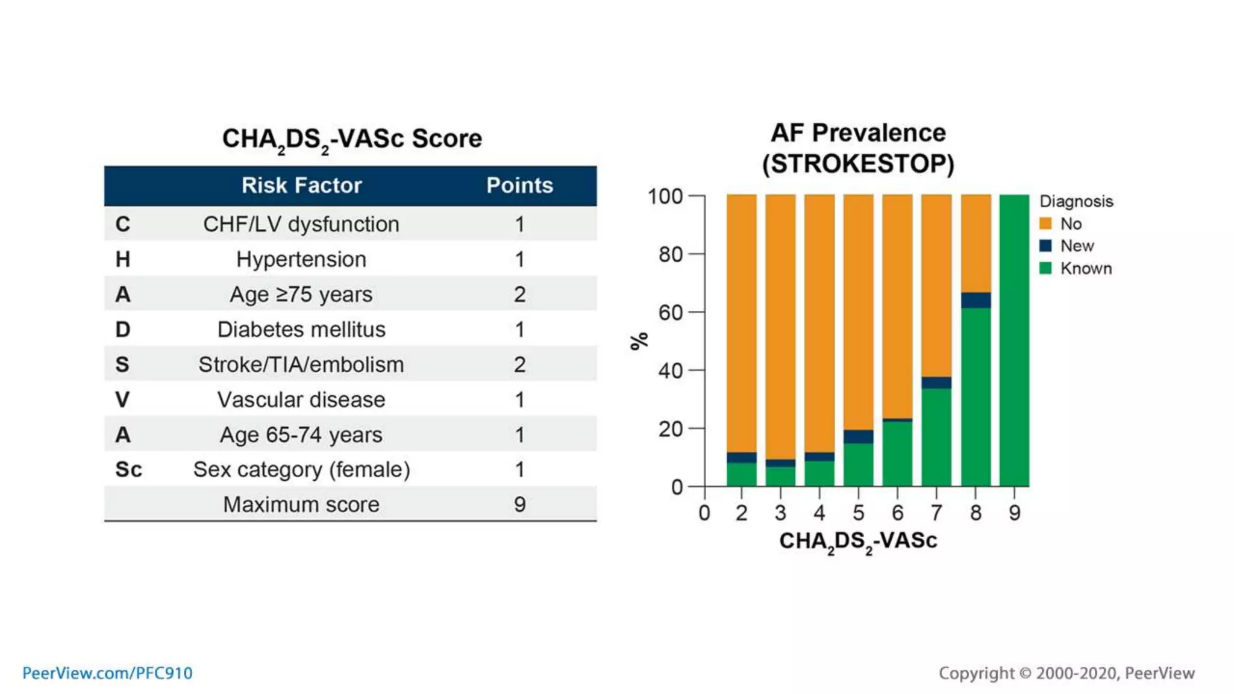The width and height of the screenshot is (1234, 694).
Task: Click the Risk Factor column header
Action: click(x=301, y=186)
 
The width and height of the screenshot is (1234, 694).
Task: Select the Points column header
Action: click(x=519, y=186)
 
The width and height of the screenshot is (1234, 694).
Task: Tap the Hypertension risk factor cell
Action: click(x=301, y=260)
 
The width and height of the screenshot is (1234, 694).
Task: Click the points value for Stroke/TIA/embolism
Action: click(x=519, y=364)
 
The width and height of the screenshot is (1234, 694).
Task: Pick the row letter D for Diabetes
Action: click(x=122, y=330)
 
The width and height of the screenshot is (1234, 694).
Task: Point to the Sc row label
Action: click(x=128, y=469)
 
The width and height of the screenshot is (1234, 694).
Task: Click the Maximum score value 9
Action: click(x=519, y=504)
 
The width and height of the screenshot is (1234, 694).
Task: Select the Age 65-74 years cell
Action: click(x=301, y=434)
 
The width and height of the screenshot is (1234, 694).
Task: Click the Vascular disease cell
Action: click(x=301, y=399)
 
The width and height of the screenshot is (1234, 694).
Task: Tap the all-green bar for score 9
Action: click(x=1014, y=340)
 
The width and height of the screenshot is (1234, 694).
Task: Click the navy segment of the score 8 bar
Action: click(x=976, y=300)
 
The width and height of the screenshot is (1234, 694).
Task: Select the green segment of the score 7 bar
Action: click(x=936, y=437)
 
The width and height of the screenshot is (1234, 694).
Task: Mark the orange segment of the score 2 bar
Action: click(x=741, y=322)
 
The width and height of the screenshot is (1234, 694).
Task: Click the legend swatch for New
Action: click(x=1045, y=246)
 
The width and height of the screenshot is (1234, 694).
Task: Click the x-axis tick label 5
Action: click(x=858, y=513)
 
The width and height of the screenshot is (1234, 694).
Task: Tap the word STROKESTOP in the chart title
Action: click(x=858, y=164)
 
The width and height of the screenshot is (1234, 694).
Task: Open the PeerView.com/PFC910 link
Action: click(x=107, y=673)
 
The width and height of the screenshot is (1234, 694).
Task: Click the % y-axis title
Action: click(x=639, y=340)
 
